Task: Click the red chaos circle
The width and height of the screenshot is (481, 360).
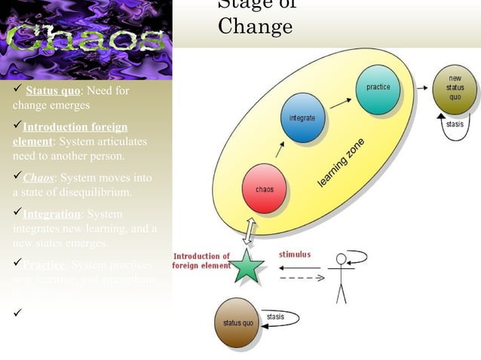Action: [x=264, y=188]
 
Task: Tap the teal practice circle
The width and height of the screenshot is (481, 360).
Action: [x=377, y=88]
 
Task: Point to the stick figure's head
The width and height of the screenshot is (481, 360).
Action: [x=342, y=259]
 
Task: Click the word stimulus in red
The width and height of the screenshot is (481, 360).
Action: [x=294, y=255]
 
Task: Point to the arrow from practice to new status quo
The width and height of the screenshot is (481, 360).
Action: [x=416, y=88]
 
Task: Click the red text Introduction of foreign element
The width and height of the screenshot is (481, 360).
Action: [x=202, y=261]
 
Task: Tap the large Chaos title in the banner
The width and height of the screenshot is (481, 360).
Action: [x=85, y=40]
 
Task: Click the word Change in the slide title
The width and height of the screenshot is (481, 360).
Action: [x=255, y=27]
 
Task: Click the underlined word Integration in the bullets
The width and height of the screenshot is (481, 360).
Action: [x=51, y=215]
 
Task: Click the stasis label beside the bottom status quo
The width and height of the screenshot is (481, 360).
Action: [x=276, y=316]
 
